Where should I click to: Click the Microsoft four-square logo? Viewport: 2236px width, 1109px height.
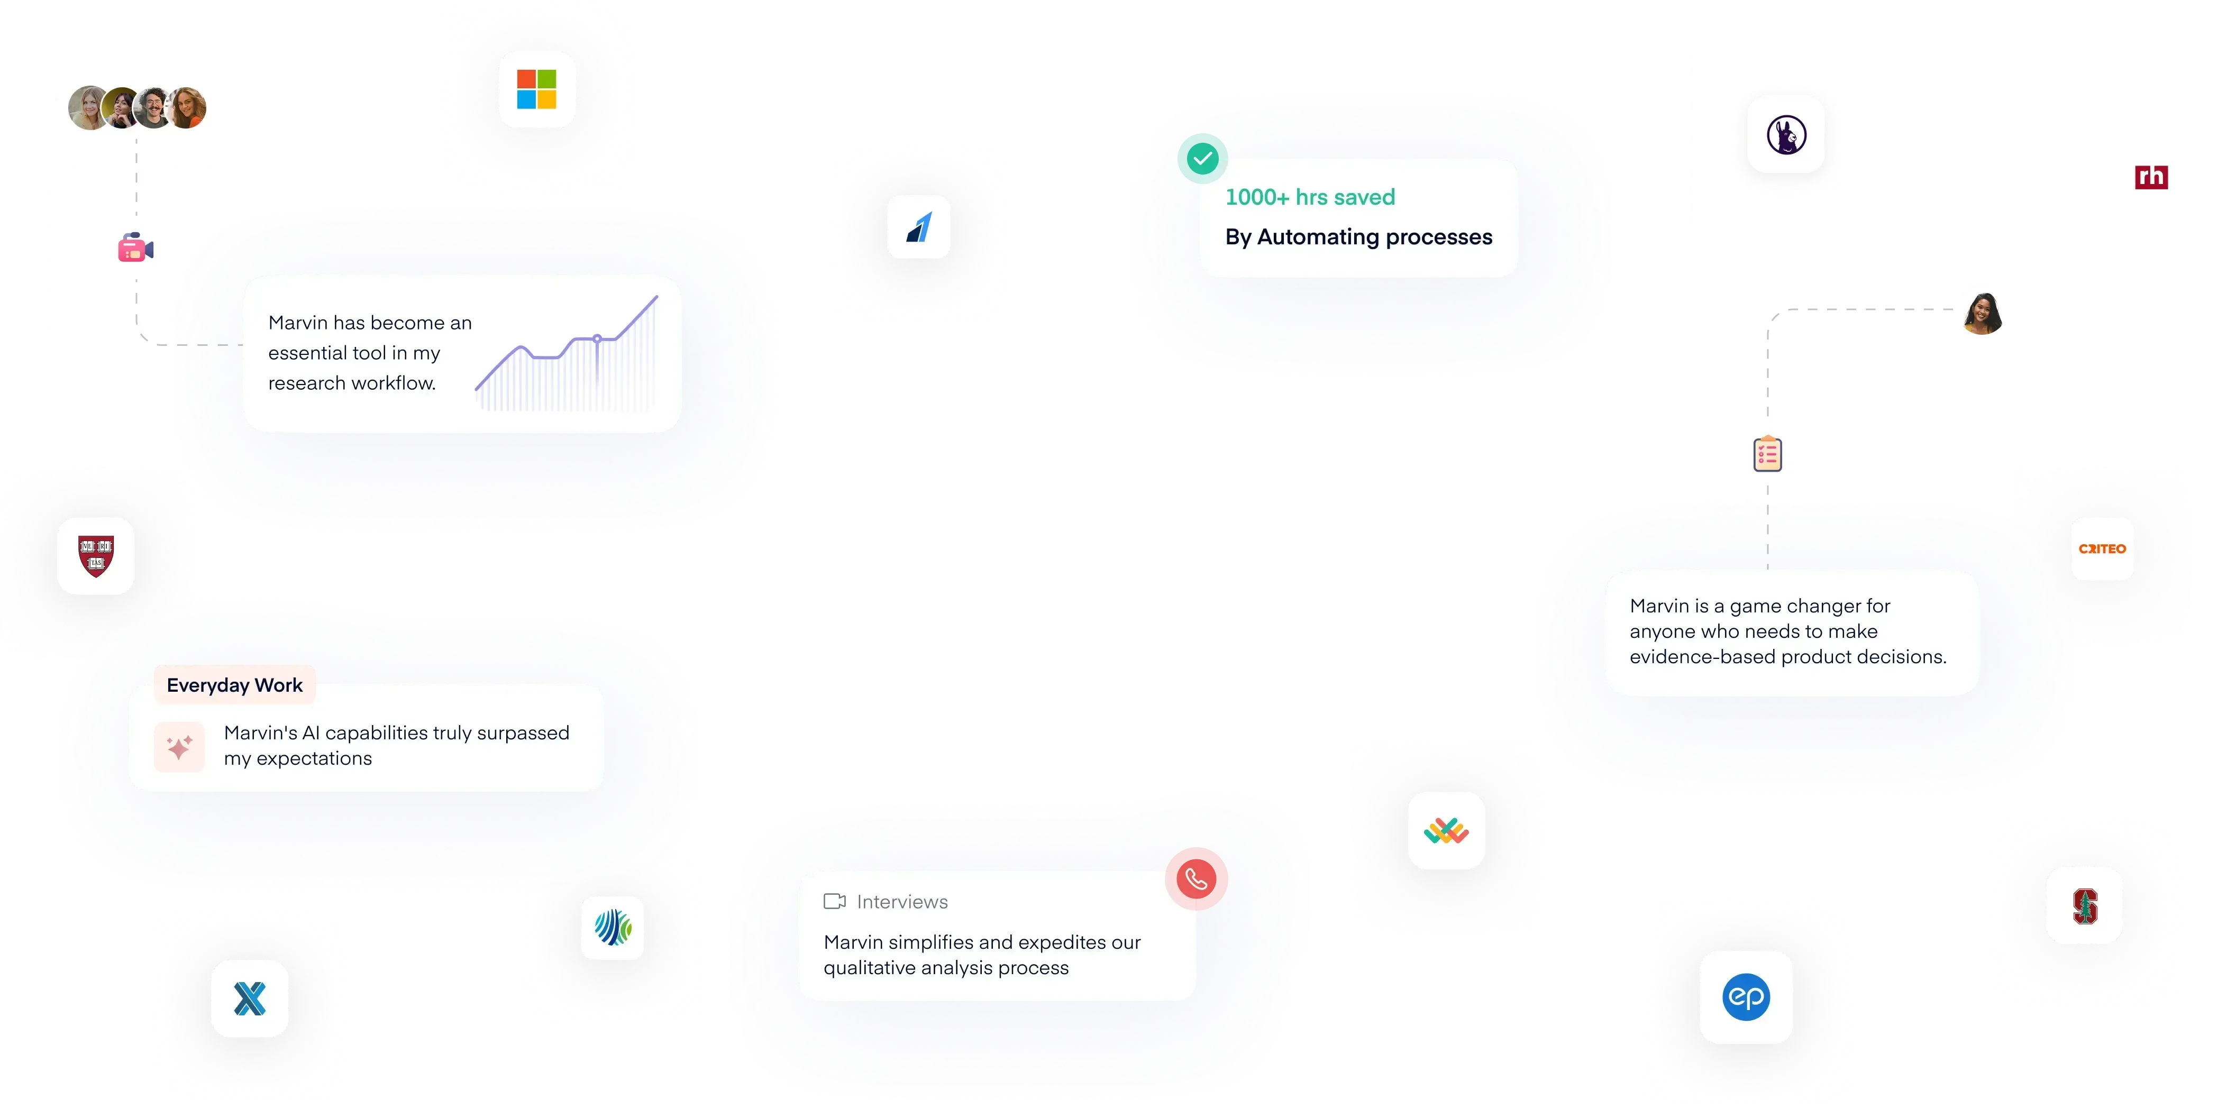pos(536,89)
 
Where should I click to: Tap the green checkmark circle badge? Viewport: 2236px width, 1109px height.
pos(1202,159)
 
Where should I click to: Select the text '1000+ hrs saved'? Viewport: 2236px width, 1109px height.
pos(1310,197)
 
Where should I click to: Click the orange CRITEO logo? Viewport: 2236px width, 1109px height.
pos(2102,548)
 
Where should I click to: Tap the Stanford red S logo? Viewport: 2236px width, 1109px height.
pos(2084,905)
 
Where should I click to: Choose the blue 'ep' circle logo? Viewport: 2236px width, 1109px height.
pos(1746,996)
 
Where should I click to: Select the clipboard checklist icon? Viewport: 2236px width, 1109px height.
pos(1767,454)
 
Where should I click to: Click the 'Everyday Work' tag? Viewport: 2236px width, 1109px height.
pos(234,685)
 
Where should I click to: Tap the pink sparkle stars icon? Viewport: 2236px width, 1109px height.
pos(179,746)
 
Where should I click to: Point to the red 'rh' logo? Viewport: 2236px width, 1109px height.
pos(2151,177)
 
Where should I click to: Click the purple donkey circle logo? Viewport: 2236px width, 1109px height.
pos(1785,134)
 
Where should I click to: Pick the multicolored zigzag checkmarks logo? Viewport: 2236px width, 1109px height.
pos(1446,830)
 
